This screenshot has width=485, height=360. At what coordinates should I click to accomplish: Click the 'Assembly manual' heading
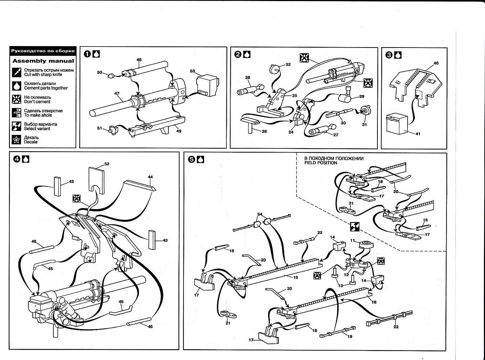click(43, 61)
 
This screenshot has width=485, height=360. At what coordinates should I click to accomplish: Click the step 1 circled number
click(87, 54)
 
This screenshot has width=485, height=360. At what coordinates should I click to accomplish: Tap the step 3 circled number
click(389, 55)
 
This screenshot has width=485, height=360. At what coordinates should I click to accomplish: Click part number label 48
click(139, 59)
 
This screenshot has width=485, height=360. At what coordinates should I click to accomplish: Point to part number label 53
click(192, 71)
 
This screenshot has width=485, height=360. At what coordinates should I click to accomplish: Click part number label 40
click(436, 63)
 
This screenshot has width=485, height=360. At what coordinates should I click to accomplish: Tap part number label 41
click(418, 134)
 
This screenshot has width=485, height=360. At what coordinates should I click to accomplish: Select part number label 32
click(288, 64)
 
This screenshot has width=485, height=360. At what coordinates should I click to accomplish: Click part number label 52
click(106, 164)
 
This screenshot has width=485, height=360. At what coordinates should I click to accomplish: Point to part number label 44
click(150, 177)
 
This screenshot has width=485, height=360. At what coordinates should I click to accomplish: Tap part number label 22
click(396, 327)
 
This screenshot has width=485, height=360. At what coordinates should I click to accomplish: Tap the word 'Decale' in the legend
click(31, 142)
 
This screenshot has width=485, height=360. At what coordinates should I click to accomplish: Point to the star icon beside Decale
click(17, 140)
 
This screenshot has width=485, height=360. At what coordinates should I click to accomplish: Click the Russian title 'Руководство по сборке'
click(43, 51)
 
